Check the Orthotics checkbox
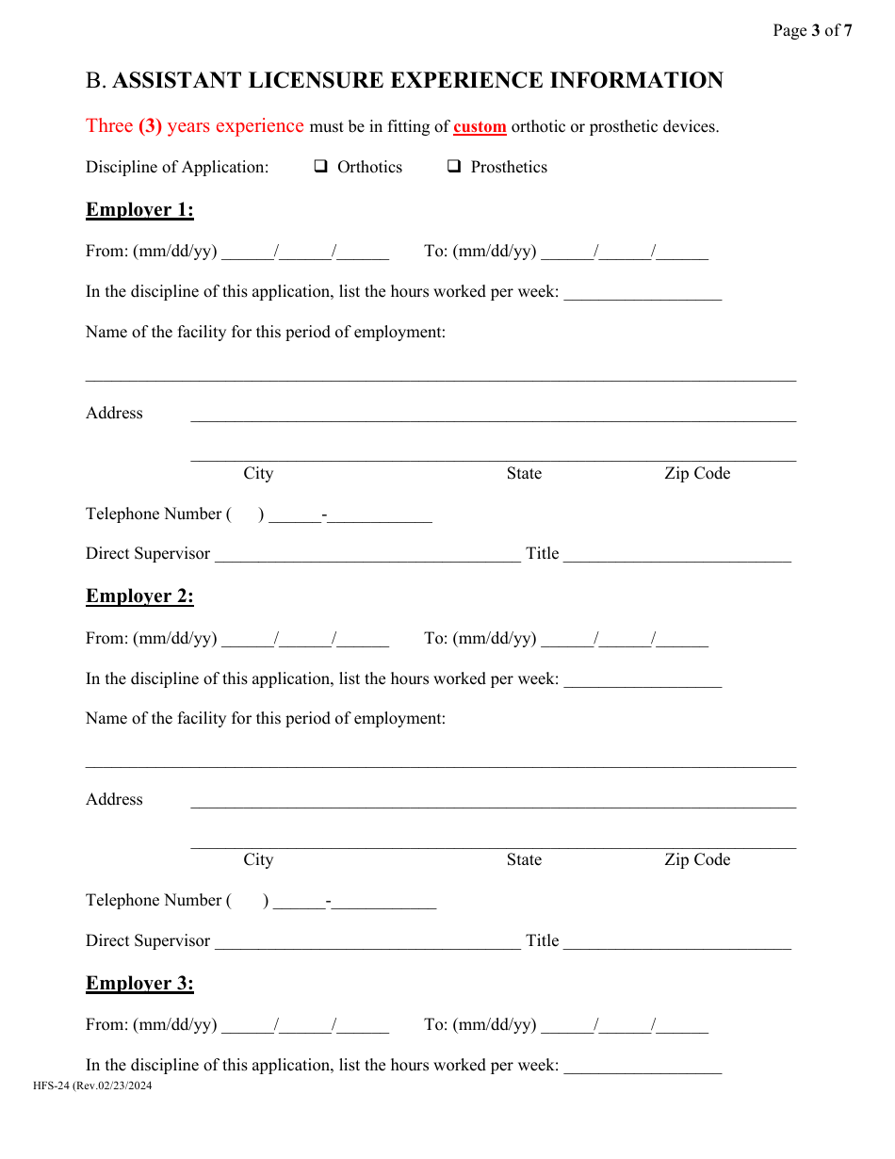320,167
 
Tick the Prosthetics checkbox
454,167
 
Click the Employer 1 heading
139,209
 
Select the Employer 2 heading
139,596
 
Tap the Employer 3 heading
139,983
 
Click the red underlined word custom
480,126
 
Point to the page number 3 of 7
812,30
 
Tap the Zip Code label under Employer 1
697,473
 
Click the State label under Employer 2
524,859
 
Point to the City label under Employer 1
258,473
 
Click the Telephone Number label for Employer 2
155,900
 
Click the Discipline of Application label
177,167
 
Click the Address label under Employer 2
114,799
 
